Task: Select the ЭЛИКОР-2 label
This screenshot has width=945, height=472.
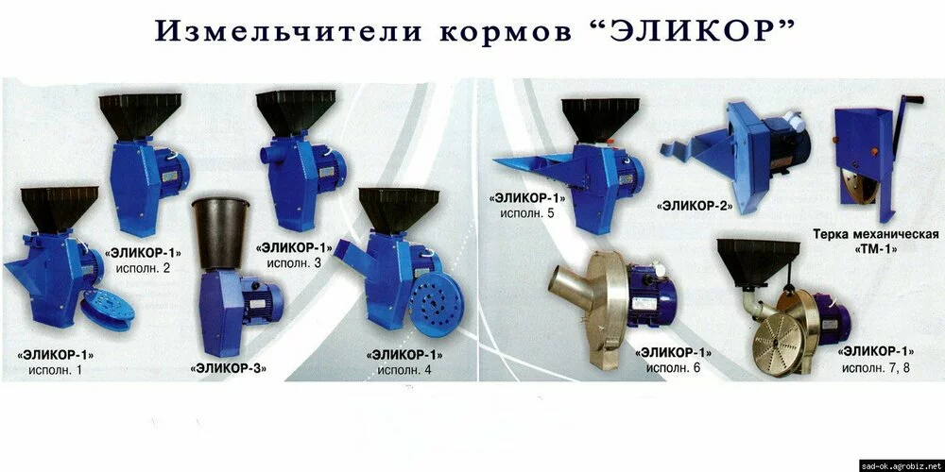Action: pos(695,206)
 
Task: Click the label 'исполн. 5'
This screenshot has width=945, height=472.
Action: pos(526,212)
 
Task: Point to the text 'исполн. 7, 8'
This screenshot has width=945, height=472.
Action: pos(876,368)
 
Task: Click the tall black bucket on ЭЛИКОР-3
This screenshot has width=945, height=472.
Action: pos(221,235)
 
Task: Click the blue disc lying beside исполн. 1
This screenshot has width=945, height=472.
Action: pos(108,309)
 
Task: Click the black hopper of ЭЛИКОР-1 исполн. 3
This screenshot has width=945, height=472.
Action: pos(295,112)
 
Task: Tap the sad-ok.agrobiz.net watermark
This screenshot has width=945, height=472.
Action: pos(902,466)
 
